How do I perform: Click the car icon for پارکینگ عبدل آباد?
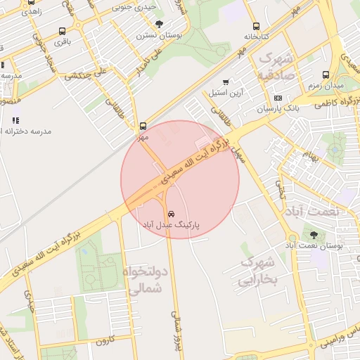tap(171, 213)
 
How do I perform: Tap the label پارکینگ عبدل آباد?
tap(171, 225)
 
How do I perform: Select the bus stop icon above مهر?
tap(143, 127)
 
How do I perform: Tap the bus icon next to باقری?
tap(62, 31)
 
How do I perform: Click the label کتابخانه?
tap(256, 35)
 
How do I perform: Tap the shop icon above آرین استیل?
tap(225, 82)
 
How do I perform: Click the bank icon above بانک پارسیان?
tap(278, 98)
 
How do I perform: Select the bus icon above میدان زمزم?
tap(325, 75)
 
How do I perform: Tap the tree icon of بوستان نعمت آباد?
tap(313, 235)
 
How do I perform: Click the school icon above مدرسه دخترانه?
tap(15, 120)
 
